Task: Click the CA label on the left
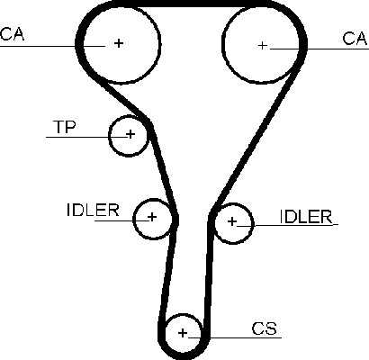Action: [x=12, y=33]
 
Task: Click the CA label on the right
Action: [x=355, y=39]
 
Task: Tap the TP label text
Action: [x=65, y=127]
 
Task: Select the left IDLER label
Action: [x=93, y=210]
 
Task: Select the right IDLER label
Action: [x=306, y=217]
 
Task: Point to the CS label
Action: [x=265, y=328]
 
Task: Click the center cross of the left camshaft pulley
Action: [x=119, y=43]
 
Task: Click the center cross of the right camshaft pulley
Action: [x=263, y=45]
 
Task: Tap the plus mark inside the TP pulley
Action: [x=130, y=134]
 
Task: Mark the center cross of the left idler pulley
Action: [x=152, y=216]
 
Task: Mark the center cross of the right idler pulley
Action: [x=232, y=221]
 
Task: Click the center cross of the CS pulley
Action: [x=183, y=333]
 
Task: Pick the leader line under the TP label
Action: [x=88, y=137]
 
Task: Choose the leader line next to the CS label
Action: [x=235, y=337]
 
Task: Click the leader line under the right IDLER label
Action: [x=287, y=224]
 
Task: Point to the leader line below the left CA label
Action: [x=52, y=46]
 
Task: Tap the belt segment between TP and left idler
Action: [x=164, y=169]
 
